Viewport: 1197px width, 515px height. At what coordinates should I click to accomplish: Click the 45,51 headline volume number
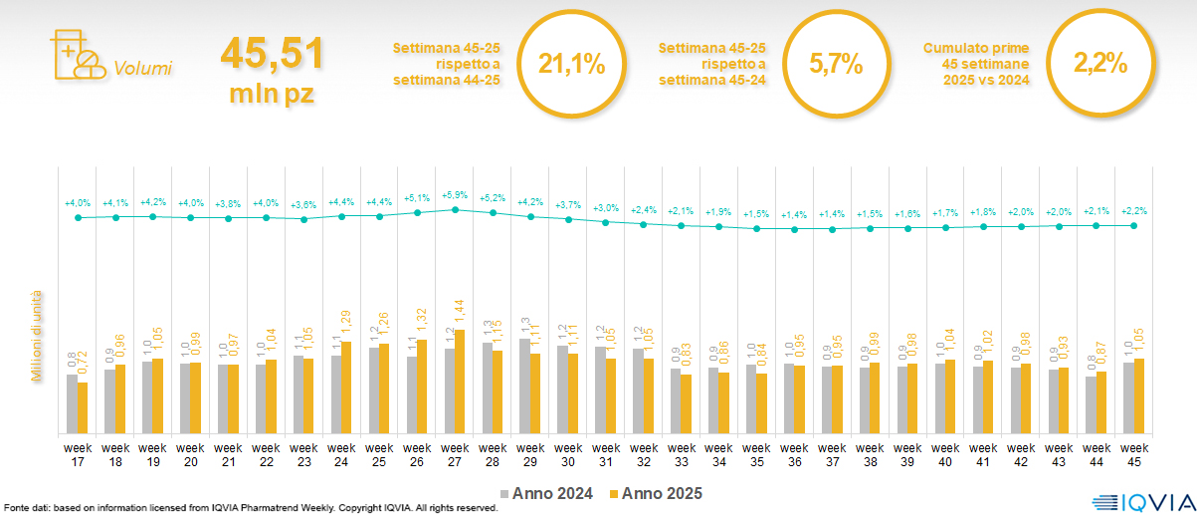pos(272,53)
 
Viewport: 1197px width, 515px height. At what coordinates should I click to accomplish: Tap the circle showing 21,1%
pos(571,65)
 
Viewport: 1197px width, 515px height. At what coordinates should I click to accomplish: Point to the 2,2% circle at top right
pos(1099,65)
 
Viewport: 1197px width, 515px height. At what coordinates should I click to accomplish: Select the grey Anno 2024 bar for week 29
pos(524,386)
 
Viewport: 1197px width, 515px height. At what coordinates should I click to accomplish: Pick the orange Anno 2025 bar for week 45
pos(1139,395)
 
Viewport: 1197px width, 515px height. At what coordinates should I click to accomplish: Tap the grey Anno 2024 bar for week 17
pos(72,403)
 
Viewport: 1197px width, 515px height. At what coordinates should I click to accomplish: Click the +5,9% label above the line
pos(455,195)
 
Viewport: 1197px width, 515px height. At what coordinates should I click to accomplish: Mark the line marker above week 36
pos(794,229)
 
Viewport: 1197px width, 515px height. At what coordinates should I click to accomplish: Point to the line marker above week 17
pos(78,217)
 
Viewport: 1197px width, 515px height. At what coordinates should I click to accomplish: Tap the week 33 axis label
pos(682,454)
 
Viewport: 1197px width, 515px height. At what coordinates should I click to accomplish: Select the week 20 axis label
pos(191,454)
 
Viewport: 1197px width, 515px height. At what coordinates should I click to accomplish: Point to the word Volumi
pos(142,69)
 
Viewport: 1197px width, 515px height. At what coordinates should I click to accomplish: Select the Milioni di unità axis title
pos(37,336)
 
